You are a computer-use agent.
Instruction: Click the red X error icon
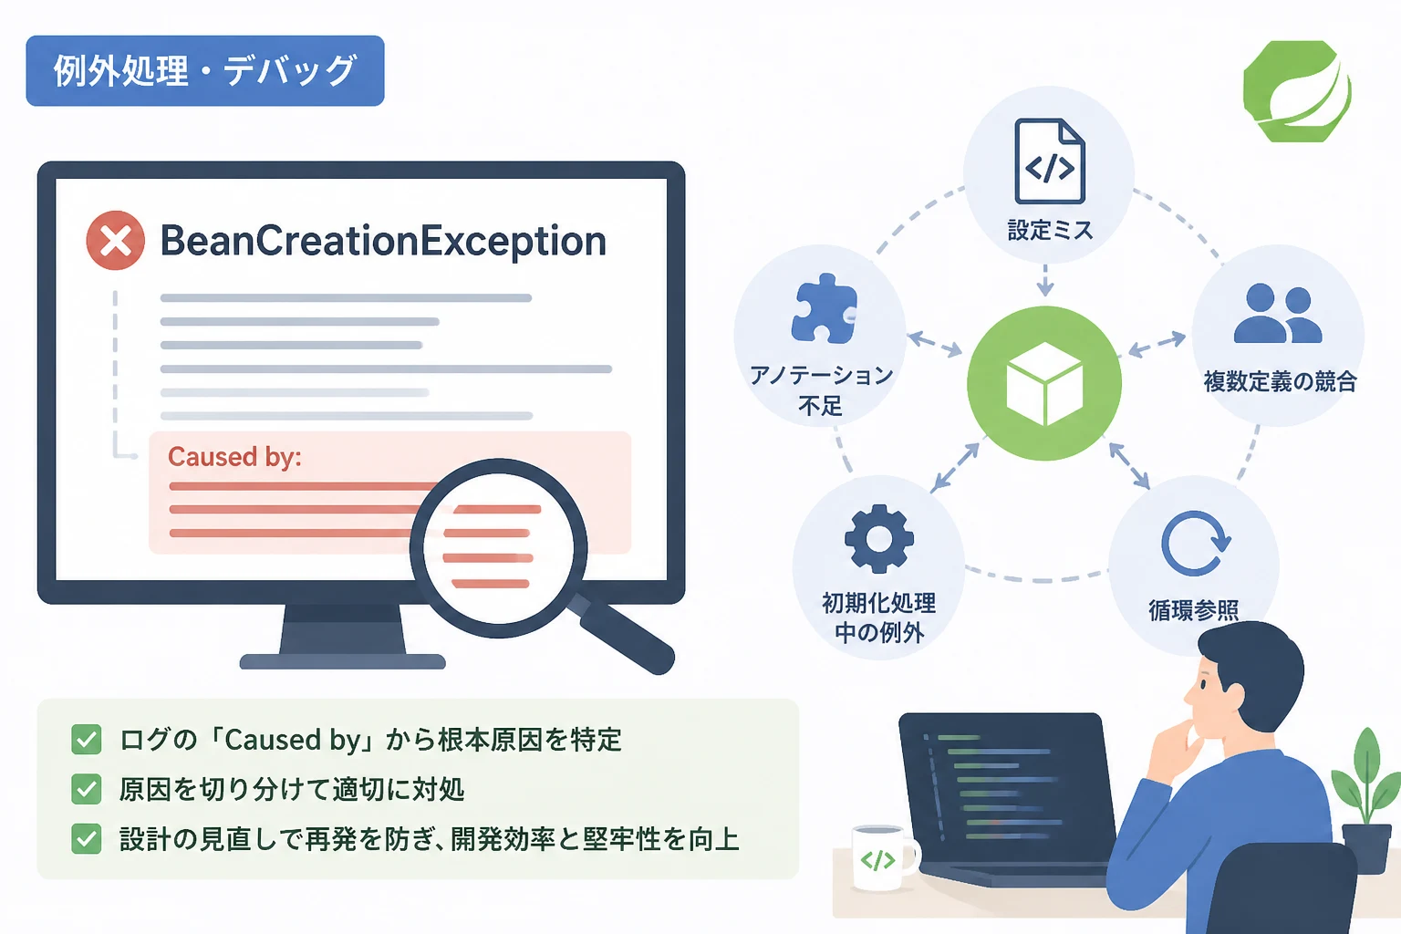(x=116, y=241)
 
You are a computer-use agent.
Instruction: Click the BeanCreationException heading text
(x=383, y=242)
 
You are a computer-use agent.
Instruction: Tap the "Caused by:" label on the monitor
(x=234, y=457)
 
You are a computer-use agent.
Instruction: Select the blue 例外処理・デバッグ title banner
(x=205, y=71)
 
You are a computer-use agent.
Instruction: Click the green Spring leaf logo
(x=1297, y=91)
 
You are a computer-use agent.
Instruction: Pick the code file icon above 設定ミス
(x=1050, y=161)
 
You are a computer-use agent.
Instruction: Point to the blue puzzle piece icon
(x=824, y=308)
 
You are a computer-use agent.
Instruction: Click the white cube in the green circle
(x=1044, y=383)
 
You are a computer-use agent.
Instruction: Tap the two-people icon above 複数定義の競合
(x=1278, y=314)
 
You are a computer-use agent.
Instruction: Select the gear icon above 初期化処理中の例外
(x=878, y=539)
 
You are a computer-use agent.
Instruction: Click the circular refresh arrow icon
(x=1195, y=543)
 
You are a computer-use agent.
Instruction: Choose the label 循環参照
(x=1193, y=610)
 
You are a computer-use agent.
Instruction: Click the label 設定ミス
(x=1050, y=230)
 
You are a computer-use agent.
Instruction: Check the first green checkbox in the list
(x=87, y=740)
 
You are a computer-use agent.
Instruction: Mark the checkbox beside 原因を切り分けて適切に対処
(x=87, y=790)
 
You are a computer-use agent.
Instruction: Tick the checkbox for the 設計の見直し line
(x=87, y=839)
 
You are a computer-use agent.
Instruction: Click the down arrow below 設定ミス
(x=1045, y=280)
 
